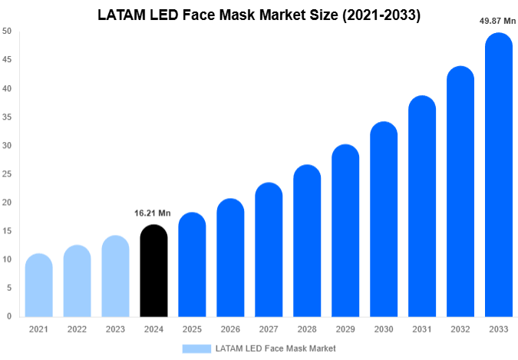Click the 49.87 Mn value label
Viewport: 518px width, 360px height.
497,21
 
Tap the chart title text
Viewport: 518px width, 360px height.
259,15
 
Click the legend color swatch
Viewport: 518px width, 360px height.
196,348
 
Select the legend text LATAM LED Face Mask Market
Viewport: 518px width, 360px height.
275,348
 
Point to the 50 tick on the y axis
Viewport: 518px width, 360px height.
7,31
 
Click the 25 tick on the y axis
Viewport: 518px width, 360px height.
7,174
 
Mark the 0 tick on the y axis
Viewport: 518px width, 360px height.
9,316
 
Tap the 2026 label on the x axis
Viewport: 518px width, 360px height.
230,329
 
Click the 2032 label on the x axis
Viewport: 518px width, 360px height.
460,329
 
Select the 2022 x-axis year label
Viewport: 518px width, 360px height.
77,329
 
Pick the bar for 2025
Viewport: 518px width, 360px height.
192,264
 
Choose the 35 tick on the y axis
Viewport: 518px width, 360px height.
7,117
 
